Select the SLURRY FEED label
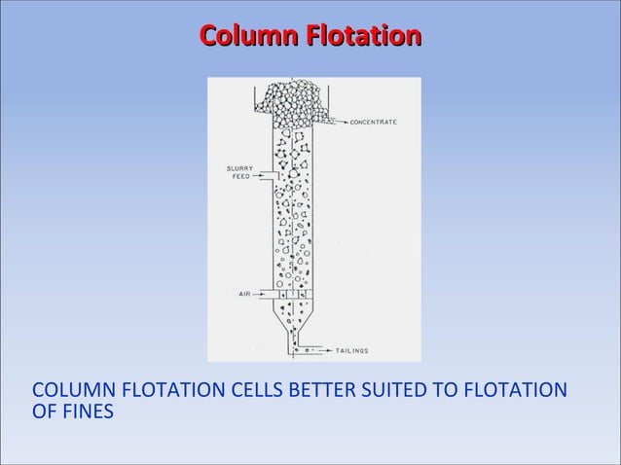coord(240,172)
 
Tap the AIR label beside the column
coord(245,293)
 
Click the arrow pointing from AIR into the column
coord(265,293)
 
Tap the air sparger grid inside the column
coord(294,293)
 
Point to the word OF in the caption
coord(45,412)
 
